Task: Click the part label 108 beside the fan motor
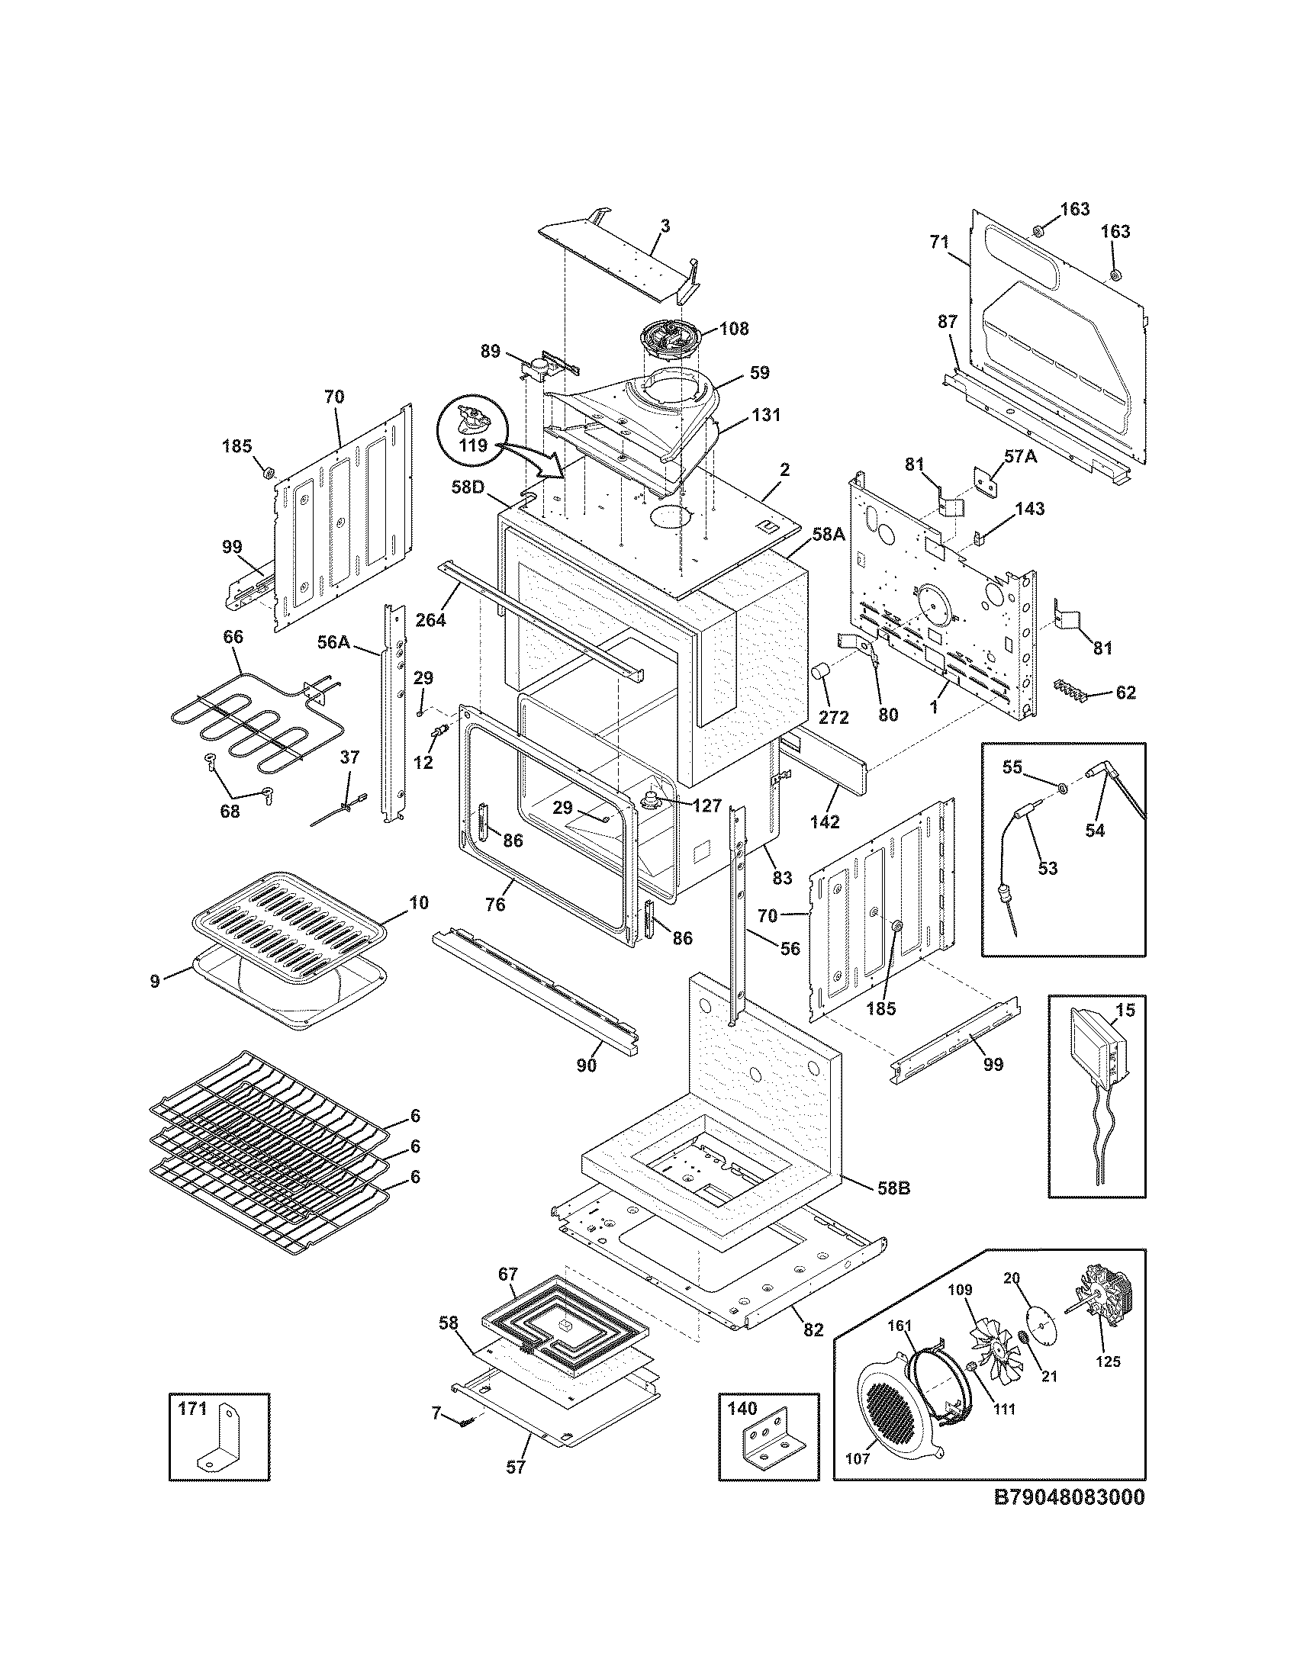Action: click(734, 329)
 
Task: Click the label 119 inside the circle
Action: click(474, 445)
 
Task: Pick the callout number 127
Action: click(706, 806)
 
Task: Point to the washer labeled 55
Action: click(1061, 789)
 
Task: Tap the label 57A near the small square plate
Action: click(1020, 456)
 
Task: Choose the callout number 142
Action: click(825, 821)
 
